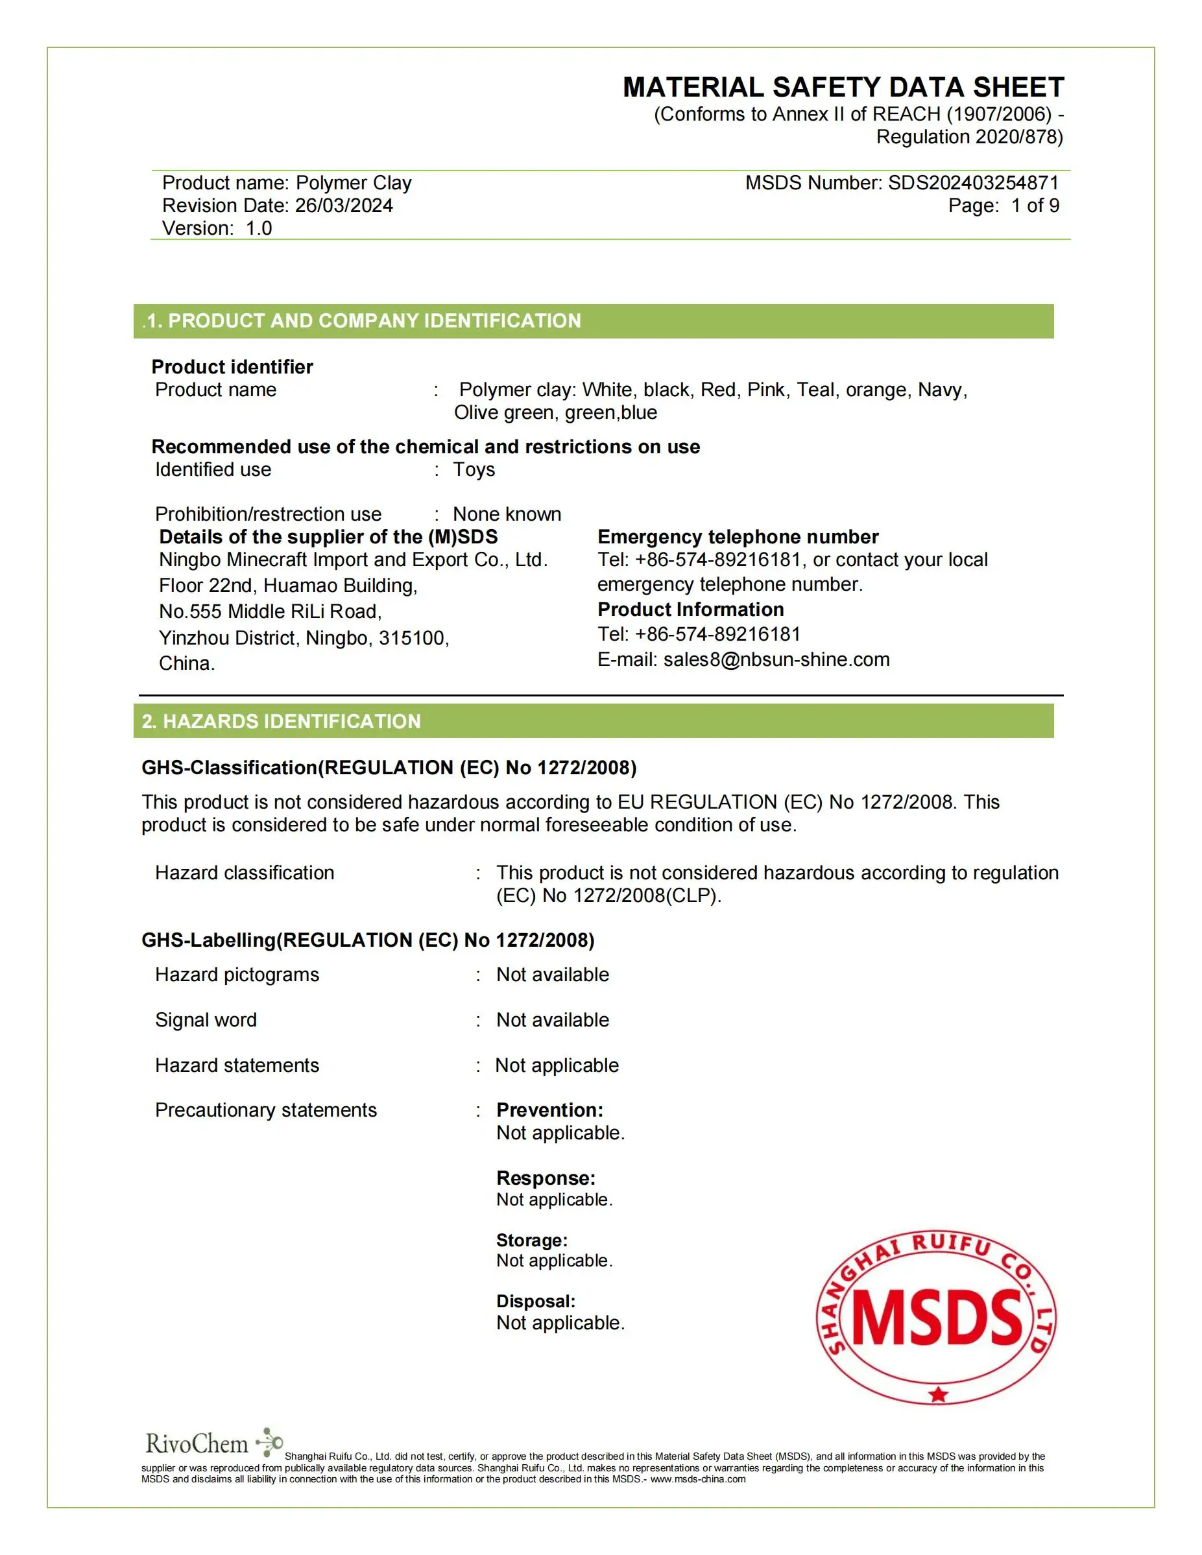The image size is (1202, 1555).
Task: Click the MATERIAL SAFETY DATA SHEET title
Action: pyautogui.click(x=843, y=88)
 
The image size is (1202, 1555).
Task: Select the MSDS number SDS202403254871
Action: pyautogui.click(x=973, y=183)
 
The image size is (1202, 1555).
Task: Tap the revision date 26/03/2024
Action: pyautogui.click(x=344, y=206)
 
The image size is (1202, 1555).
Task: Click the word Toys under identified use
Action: pyautogui.click(x=474, y=470)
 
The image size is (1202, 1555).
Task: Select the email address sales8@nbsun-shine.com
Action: pyautogui.click(x=776, y=659)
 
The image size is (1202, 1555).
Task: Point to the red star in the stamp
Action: pyautogui.click(x=939, y=1394)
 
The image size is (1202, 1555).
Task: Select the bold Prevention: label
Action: pyautogui.click(x=549, y=1110)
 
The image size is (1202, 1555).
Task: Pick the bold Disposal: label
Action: pyautogui.click(x=536, y=1301)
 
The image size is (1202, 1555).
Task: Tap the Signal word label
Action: pyautogui.click(x=206, y=1020)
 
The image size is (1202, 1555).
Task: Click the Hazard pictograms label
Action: pyautogui.click(x=237, y=975)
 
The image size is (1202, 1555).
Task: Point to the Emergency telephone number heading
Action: pyautogui.click(x=738, y=537)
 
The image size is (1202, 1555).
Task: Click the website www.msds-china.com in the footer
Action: pyautogui.click(x=697, y=1479)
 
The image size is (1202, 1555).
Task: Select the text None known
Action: pyautogui.click(x=507, y=514)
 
